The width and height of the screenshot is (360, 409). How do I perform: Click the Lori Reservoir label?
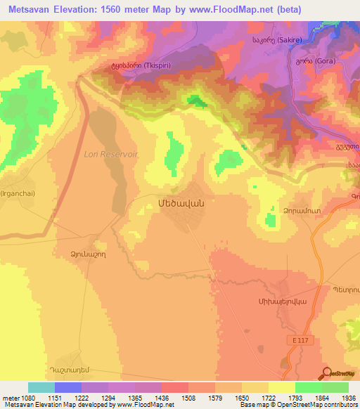[x=112, y=153]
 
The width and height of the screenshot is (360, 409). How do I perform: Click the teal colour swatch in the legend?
[x=41, y=387]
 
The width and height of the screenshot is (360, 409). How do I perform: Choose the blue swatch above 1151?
[x=68, y=387]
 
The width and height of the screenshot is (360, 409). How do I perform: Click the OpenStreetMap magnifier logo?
[x=326, y=374]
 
